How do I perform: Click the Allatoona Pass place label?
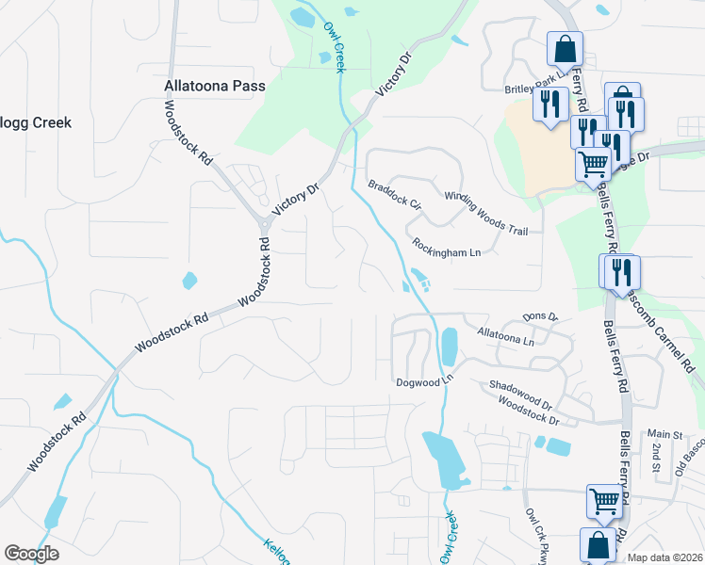215,86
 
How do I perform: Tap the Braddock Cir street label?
394,194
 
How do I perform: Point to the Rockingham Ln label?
446,248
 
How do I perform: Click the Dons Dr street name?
540,318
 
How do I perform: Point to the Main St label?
664,434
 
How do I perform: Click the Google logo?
31,554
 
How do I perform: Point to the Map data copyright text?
664,557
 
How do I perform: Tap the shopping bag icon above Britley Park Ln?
565,47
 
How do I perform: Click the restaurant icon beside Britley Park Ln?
550,103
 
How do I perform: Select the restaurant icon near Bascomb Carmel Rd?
622,271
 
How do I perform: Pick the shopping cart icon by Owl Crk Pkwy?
604,501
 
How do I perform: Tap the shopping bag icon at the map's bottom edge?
598,544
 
